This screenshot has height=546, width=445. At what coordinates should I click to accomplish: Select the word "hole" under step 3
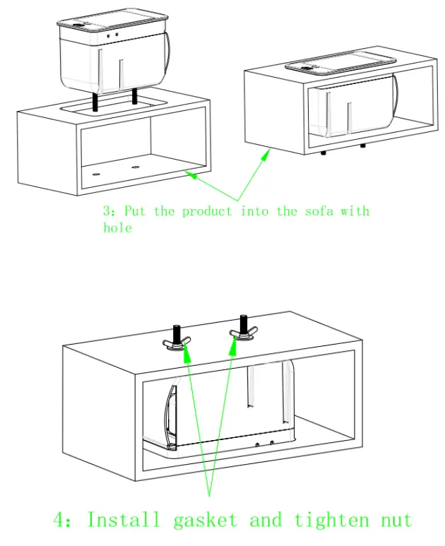(117, 227)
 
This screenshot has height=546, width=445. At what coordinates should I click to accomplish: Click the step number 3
(107, 211)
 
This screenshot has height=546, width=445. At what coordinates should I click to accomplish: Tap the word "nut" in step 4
(396, 520)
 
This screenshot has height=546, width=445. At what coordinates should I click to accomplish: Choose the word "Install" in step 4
(123, 520)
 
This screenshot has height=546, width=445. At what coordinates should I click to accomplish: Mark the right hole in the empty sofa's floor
(135, 167)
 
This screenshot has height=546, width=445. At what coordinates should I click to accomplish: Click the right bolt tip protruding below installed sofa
(362, 146)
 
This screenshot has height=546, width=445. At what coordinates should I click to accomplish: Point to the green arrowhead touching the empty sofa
(187, 172)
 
